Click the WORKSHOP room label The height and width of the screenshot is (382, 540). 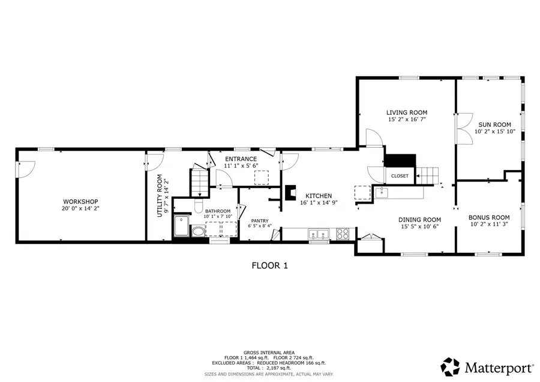tap(80, 201)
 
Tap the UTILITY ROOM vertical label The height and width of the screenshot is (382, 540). tap(160, 195)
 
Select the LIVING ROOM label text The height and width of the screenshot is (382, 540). tap(406, 112)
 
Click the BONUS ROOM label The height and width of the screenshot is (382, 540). tap(489, 217)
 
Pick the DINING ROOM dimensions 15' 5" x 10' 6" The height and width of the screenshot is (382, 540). tap(419, 227)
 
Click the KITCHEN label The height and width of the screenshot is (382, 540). tap(319, 196)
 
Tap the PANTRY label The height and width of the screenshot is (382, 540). tap(260, 220)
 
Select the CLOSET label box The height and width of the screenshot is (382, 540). tap(399, 176)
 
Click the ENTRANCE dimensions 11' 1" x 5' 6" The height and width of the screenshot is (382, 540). tap(241, 165)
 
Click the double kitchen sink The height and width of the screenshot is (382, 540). tap(319, 234)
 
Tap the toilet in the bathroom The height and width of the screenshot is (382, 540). tap(198, 232)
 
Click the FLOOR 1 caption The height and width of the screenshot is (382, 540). tap(269, 265)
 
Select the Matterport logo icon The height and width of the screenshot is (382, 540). tap(451, 366)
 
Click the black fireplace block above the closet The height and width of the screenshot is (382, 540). tap(400, 161)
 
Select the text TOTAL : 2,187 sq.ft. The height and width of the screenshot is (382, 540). tap(269, 368)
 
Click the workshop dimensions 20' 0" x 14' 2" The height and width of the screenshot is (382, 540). tap(80, 208)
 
